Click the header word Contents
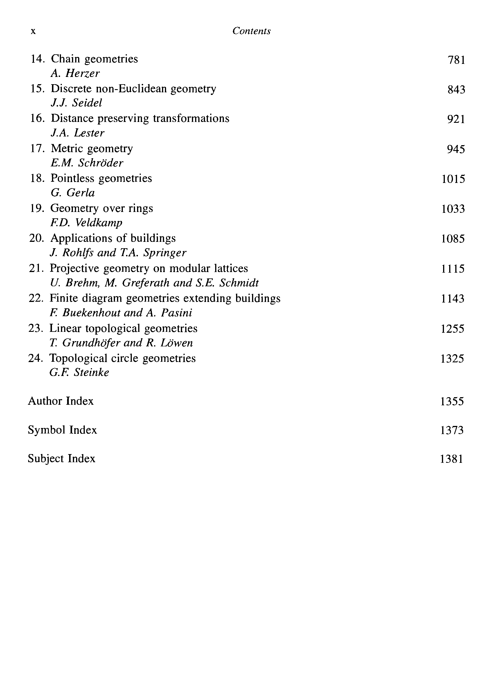point(251,31)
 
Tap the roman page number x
point(33,31)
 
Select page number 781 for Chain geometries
point(456,60)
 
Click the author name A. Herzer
point(75,73)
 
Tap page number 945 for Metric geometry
point(456,149)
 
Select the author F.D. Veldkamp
point(86,223)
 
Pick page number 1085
point(453,239)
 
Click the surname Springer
point(165,253)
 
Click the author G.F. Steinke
point(79,372)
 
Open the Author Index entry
point(61,401)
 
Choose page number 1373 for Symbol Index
point(452,430)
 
